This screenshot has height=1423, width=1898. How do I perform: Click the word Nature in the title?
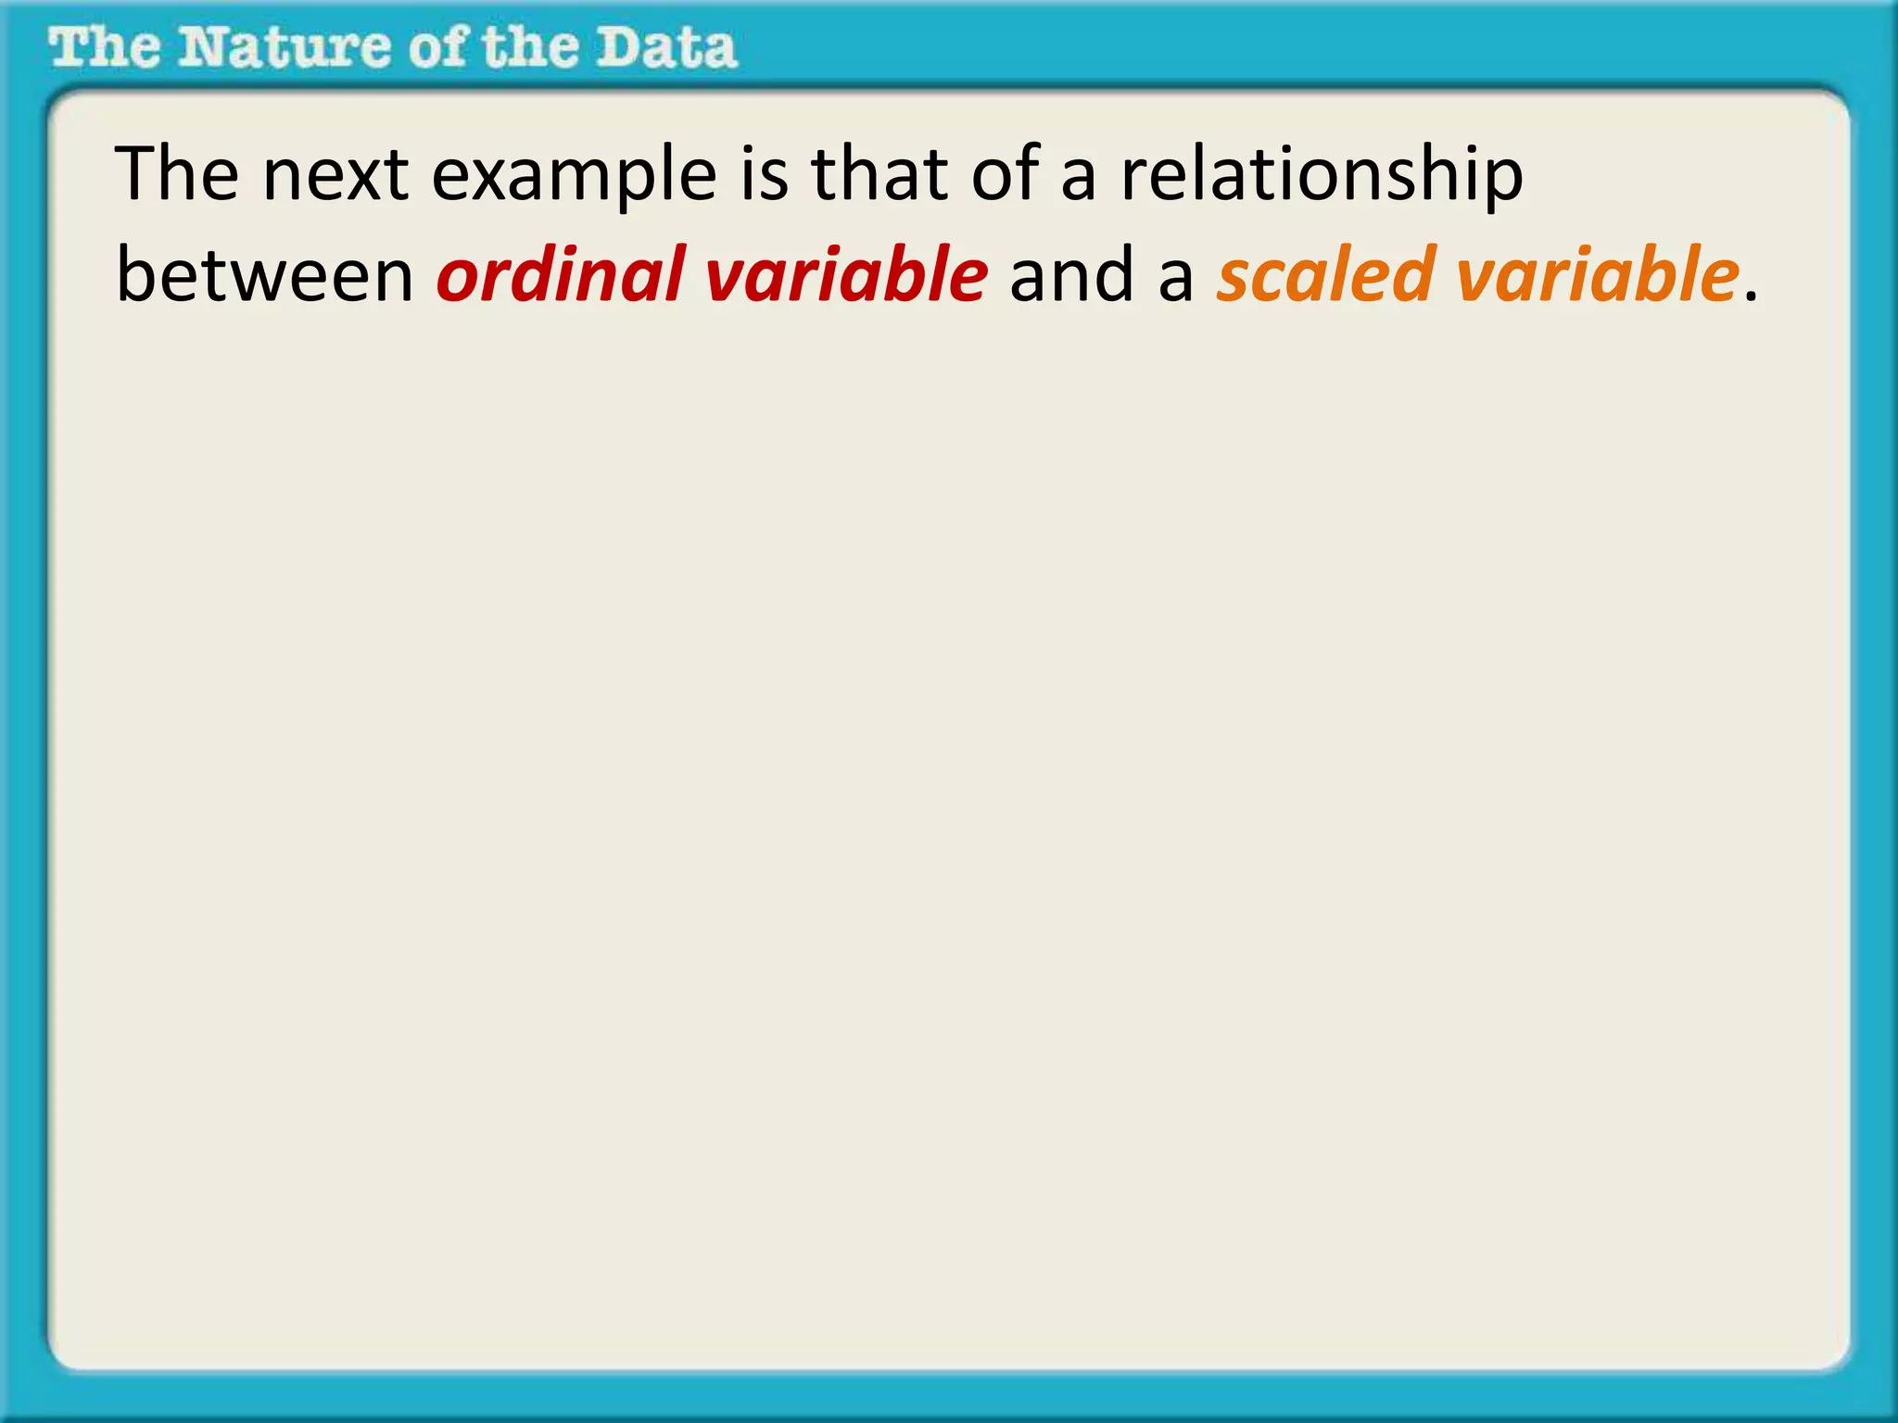click(284, 48)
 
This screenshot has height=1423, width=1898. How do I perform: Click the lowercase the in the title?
click(531, 48)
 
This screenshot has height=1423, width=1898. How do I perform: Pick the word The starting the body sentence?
click(176, 174)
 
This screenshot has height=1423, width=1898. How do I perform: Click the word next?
click(335, 174)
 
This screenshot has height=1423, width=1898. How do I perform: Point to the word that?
click(879, 174)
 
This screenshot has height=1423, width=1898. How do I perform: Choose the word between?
click(264, 276)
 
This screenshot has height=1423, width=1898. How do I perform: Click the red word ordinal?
click(560, 276)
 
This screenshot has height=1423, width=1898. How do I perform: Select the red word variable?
click(846, 276)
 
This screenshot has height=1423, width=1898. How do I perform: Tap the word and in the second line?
click(1069, 276)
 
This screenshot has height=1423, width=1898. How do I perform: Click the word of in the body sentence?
click(1004, 174)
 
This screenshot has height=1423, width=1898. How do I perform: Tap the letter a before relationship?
click(1079, 180)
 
